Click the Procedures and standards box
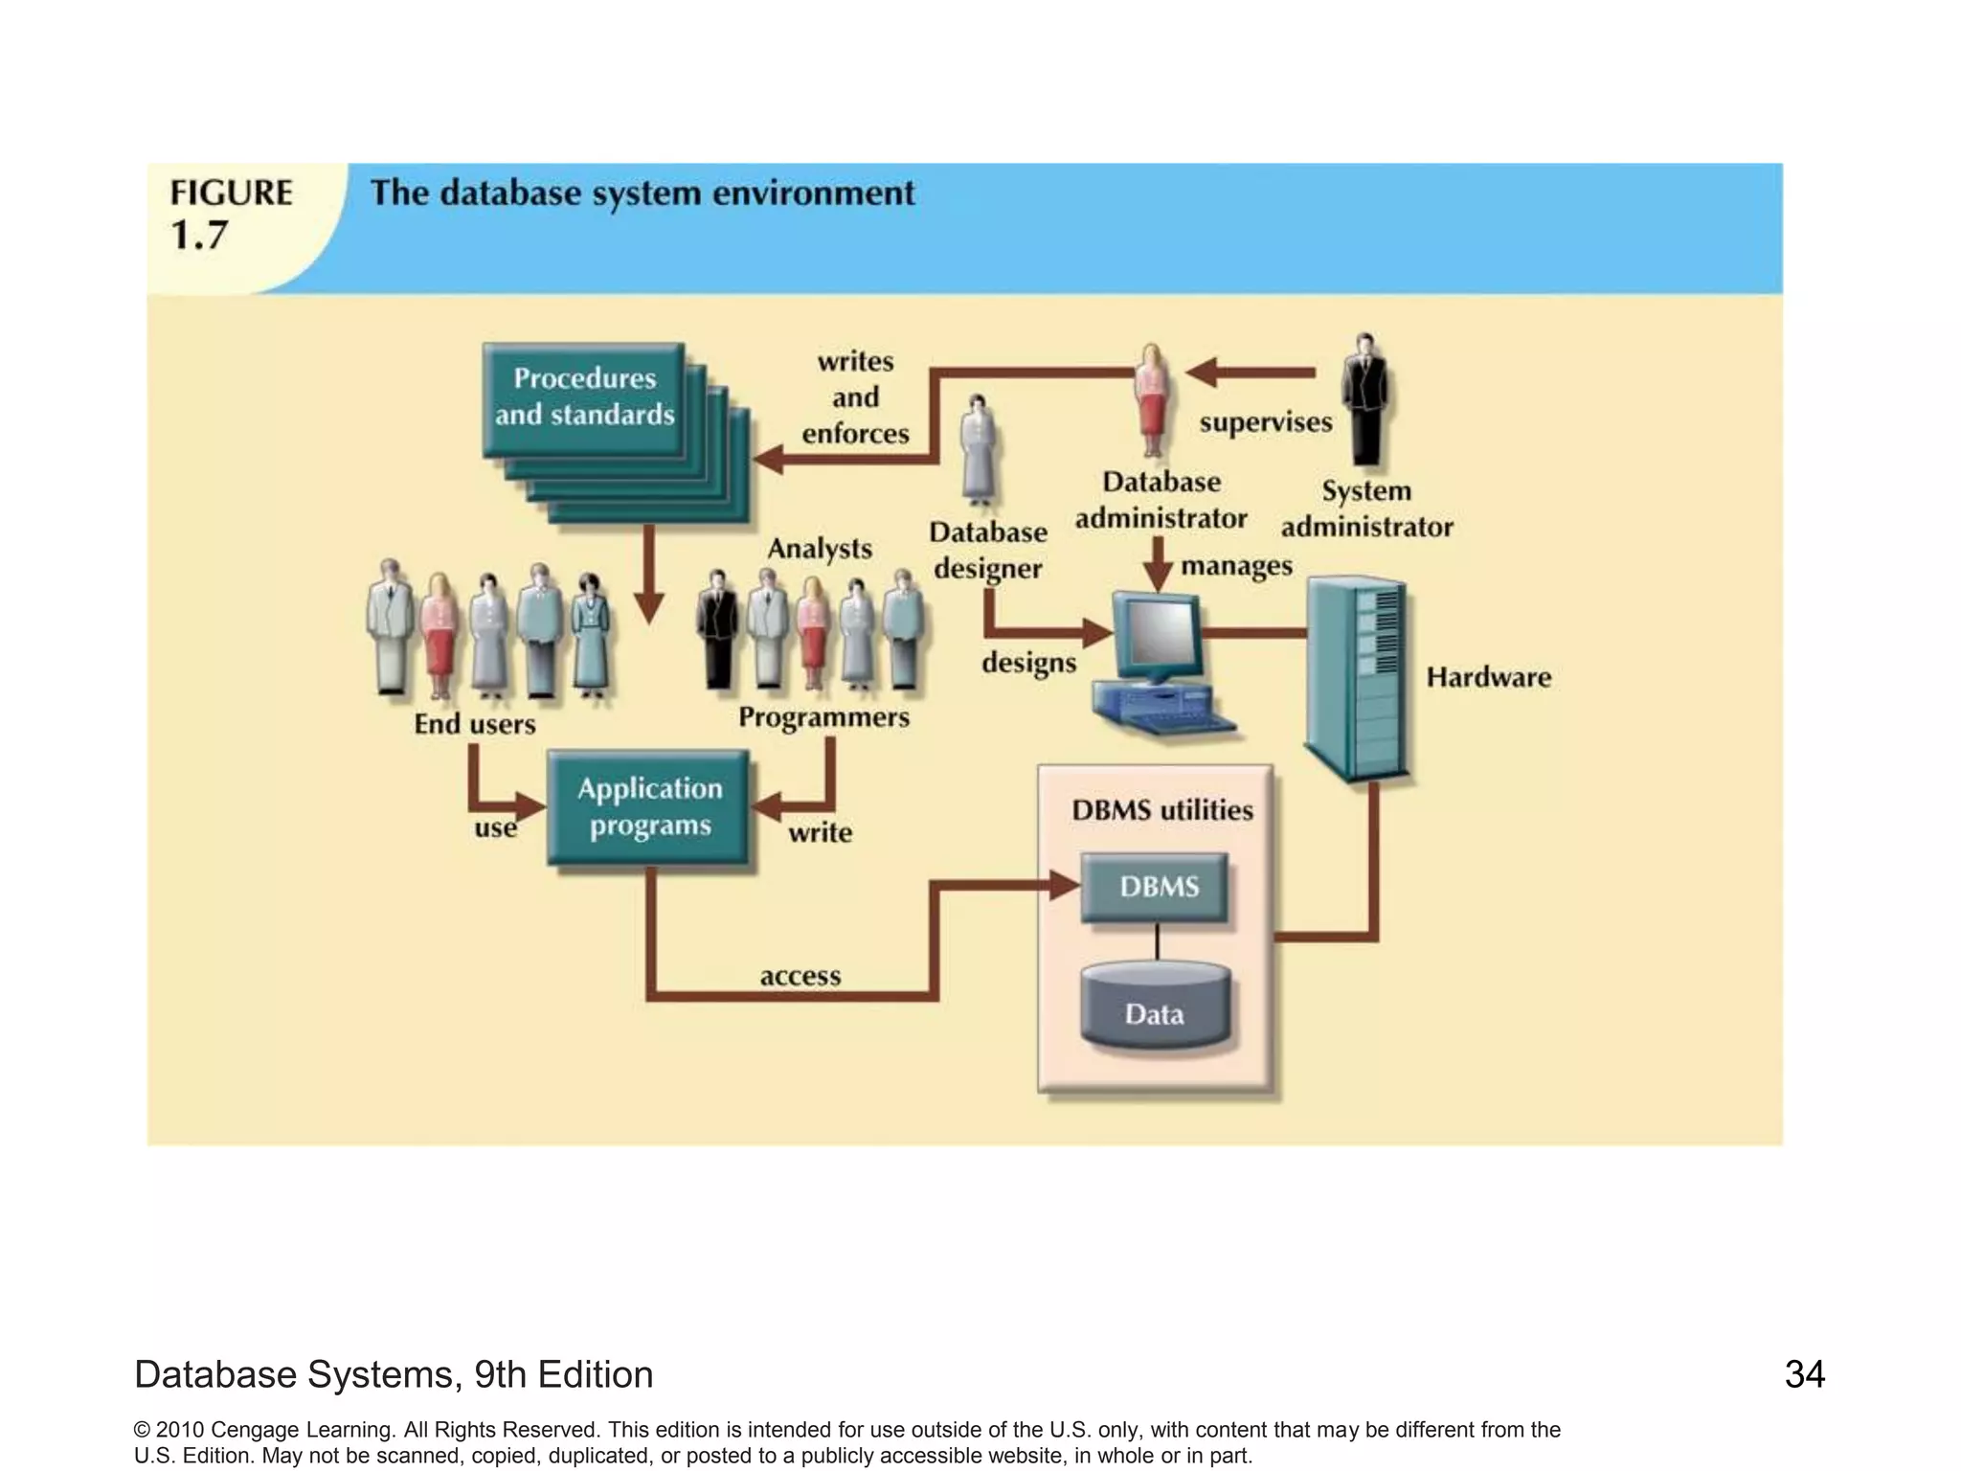click(x=584, y=397)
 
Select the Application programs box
click(x=649, y=807)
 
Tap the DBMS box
click(x=1157, y=887)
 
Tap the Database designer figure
click(x=978, y=450)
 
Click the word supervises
click(x=1265, y=422)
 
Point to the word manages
click(x=1236, y=566)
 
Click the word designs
click(x=1028, y=663)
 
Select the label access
click(x=800, y=976)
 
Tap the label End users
click(x=474, y=724)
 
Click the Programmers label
click(x=823, y=717)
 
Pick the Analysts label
click(x=820, y=549)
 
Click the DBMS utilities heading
click(x=1161, y=810)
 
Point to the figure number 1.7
click(x=199, y=236)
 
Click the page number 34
click(x=1804, y=1374)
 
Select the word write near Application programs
click(x=820, y=832)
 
